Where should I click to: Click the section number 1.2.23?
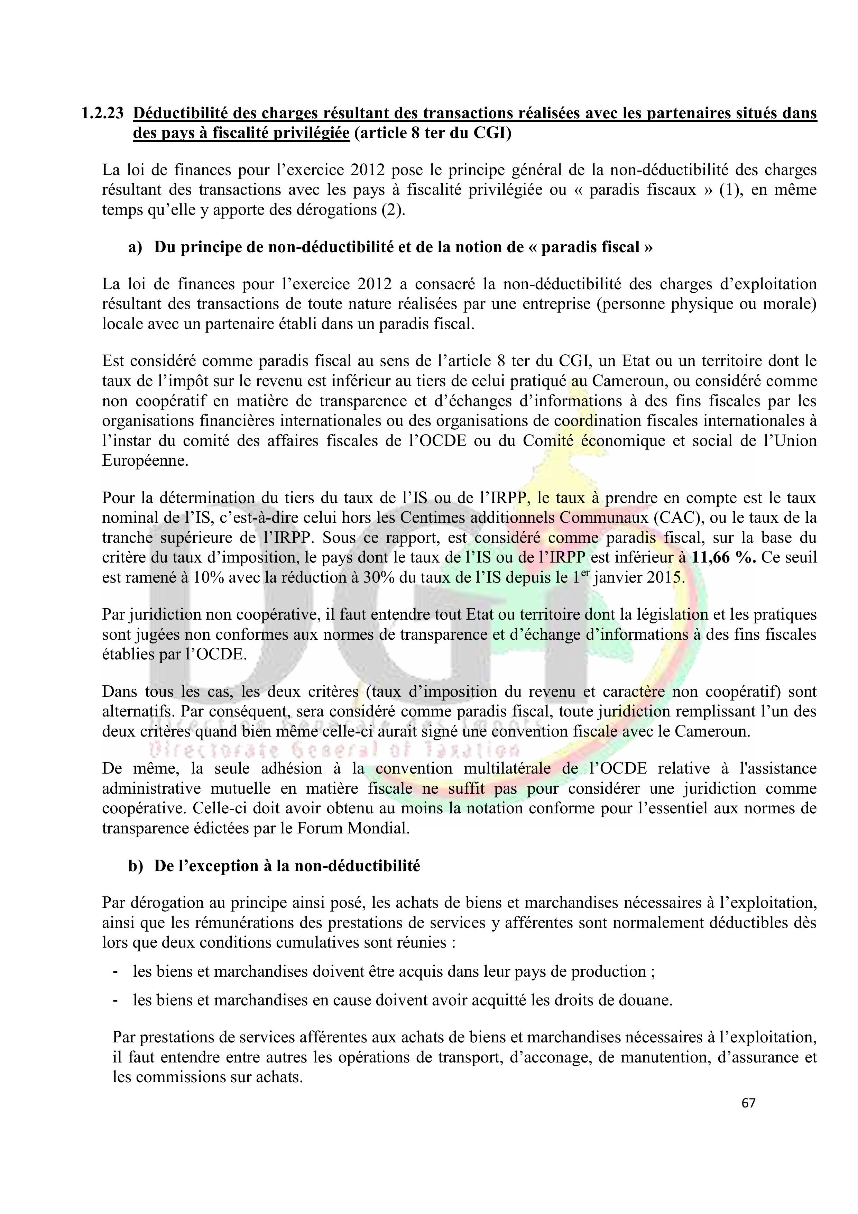click(x=103, y=114)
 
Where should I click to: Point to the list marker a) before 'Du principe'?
click(x=135, y=247)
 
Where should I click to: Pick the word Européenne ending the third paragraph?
click(x=145, y=460)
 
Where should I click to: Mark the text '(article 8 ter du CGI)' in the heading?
click(x=432, y=133)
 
